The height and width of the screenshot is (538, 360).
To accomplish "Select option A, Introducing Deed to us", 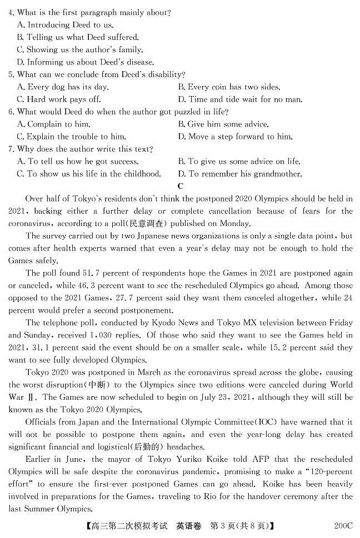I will pyautogui.click(x=65, y=25).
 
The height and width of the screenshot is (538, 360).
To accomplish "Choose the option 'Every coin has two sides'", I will pyautogui.click(x=229, y=87).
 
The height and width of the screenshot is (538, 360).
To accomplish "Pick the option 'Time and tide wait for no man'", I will pyautogui.click(x=239, y=99).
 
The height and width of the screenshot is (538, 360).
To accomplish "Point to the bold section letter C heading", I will pyautogui.click(x=180, y=187).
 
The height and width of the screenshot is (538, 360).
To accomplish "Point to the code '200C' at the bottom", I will pyautogui.click(x=343, y=525).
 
